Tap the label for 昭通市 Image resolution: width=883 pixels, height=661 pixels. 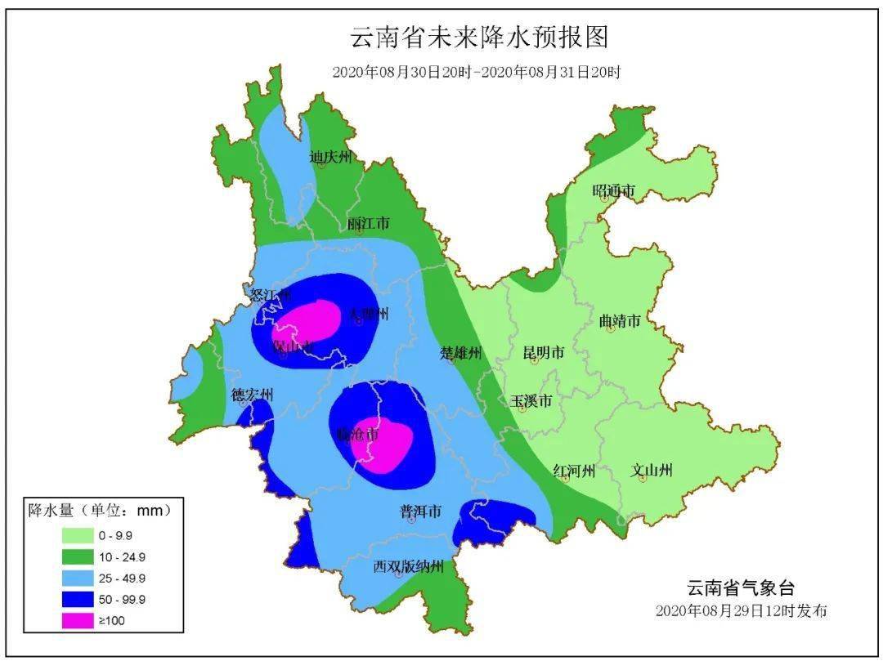[x=613, y=190]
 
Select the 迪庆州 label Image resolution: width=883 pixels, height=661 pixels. [x=331, y=157]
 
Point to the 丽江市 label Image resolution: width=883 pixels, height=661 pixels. [x=368, y=223]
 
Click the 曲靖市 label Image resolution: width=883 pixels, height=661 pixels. [x=619, y=321]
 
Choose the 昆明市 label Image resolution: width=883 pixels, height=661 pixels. [x=544, y=353]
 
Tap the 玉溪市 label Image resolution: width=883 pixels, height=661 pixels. [x=531, y=401]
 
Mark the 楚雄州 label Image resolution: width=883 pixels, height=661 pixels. [x=461, y=353]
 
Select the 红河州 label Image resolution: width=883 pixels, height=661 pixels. [x=574, y=471]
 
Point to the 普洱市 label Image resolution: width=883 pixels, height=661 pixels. [x=420, y=511]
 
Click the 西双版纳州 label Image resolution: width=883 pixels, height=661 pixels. [x=409, y=566]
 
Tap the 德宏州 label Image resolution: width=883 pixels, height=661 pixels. [x=252, y=395]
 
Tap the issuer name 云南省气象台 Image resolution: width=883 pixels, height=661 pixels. [x=740, y=587]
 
